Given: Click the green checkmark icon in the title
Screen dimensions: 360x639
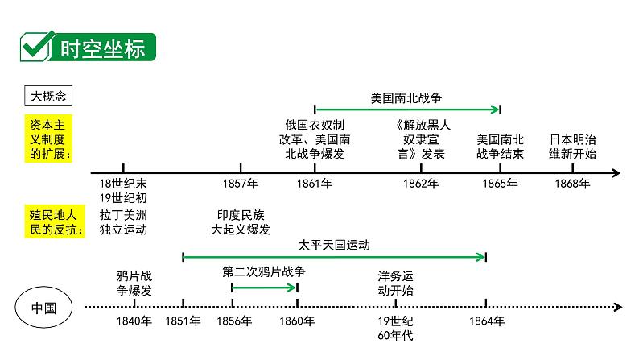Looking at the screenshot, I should click(x=35, y=48).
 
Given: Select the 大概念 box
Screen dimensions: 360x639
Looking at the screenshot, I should click(x=50, y=95).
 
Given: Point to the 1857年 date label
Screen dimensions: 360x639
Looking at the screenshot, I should click(x=240, y=184).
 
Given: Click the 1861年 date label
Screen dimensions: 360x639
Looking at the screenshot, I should click(x=315, y=184).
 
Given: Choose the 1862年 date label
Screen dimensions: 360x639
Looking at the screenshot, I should click(x=421, y=184).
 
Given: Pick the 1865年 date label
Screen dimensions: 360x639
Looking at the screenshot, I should click(x=501, y=184).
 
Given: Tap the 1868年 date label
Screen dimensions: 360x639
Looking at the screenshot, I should click(x=573, y=184).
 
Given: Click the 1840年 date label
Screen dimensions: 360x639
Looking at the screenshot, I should click(x=134, y=321).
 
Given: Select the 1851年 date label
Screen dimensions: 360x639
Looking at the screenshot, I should click(x=183, y=321).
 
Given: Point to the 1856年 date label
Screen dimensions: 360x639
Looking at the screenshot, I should click(x=233, y=321).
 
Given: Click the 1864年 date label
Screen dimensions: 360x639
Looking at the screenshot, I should click(x=486, y=321).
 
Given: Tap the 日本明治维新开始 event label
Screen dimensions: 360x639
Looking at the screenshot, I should click(x=573, y=146).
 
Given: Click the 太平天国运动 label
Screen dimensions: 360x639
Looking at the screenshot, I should click(x=334, y=243).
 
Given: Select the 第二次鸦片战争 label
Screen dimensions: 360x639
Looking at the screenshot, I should click(x=264, y=272).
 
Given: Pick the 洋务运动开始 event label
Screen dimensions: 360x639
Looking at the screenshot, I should click(x=396, y=283).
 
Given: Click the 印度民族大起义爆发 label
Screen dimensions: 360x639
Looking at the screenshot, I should click(x=241, y=221).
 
